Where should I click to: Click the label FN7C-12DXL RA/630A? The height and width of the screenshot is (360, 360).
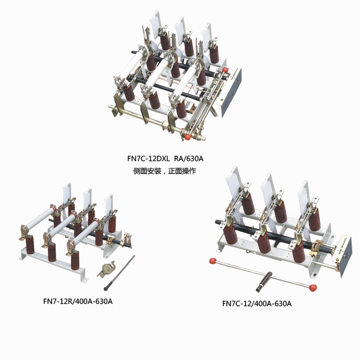[x=166, y=158]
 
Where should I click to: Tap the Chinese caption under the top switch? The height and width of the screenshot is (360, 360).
[x=164, y=171]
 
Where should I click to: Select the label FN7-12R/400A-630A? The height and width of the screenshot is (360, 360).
[x=78, y=301]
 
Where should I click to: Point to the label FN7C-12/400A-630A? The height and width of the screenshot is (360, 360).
[x=257, y=303]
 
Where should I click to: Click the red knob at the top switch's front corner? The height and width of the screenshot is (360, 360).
[x=188, y=137]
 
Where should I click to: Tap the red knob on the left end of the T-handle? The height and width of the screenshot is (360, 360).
[x=213, y=261]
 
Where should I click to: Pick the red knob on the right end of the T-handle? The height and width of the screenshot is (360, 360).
[x=313, y=287]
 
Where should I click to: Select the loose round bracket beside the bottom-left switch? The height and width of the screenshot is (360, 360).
[x=106, y=269]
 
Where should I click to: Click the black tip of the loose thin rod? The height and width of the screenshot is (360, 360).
[x=106, y=288]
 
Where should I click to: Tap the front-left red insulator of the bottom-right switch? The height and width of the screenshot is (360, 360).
[x=231, y=233]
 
